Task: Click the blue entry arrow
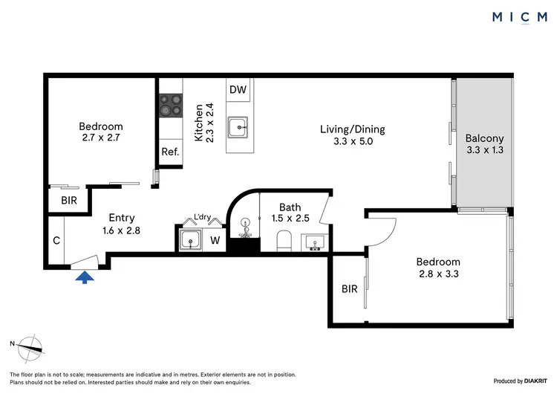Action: pos(86,277)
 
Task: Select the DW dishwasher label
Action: pos(238,90)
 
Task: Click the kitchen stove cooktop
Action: pos(170,106)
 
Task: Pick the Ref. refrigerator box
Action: pos(170,152)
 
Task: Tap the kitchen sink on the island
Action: pos(239,127)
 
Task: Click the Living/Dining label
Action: pos(345,129)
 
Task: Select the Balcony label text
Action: pos(484,138)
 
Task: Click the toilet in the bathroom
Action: pos(283,240)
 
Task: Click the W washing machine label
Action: pos(215,240)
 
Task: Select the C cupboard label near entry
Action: pos(56,240)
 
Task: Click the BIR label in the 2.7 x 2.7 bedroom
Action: pos(68,201)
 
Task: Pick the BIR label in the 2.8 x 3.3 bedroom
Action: pos(349,288)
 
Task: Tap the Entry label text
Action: pos(122,218)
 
